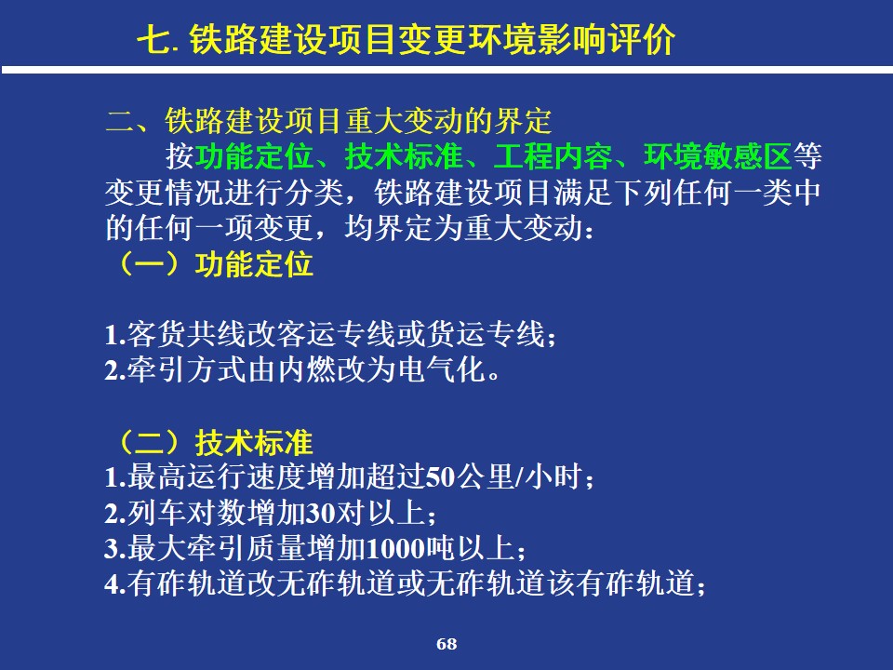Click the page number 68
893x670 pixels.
point(446,644)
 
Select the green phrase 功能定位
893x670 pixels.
point(255,155)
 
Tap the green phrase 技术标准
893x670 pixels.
point(404,155)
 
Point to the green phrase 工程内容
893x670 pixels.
point(553,155)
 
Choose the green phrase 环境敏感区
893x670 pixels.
point(717,155)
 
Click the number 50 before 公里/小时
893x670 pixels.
point(440,477)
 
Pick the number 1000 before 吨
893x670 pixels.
point(394,549)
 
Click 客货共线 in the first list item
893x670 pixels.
point(186,334)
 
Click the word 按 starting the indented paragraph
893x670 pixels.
point(180,156)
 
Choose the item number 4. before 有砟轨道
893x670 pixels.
point(115,584)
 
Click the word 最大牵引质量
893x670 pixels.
point(217,549)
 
